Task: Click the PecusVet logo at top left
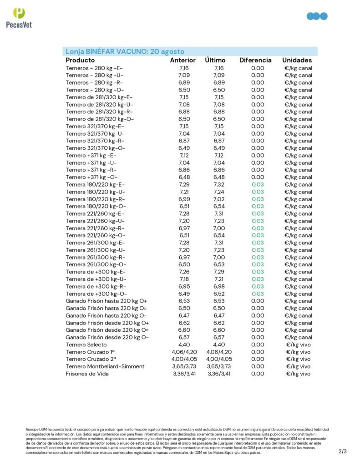pyautogui.click(x=19, y=18)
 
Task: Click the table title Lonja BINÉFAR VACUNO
pyautogui.click(x=125, y=51)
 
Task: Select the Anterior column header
pyautogui.click(x=183, y=60)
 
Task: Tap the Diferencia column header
pyautogui.click(x=255, y=60)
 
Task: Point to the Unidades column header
pyautogui.click(x=297, y=60)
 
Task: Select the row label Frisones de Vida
pyautogui.click(x=87, y=374)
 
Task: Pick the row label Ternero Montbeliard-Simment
pyautogui.click(x=105, y=366)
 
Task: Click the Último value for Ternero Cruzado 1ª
pyautogui.click(x=219, y=352)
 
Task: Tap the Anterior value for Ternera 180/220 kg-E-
pyautogui.click(x=184, y=184)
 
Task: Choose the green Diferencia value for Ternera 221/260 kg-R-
pyautogui.click(x=258, y=228)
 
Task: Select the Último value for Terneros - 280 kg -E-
pyautogui.click(x=219, y=68)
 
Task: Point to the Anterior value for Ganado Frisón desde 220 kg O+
pyautogui.click(x=184, y=323)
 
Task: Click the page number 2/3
pyautogui.click(x=343, y=451)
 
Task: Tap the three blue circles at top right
pyautogui.click(x=317, y=16)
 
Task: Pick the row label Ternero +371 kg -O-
pyautogui.click(x=91, y=177)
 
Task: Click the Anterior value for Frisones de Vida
pyautogui.click(x=184, y=374)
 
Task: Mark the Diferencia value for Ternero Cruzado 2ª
pyautogui.click(x=258, y=359)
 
